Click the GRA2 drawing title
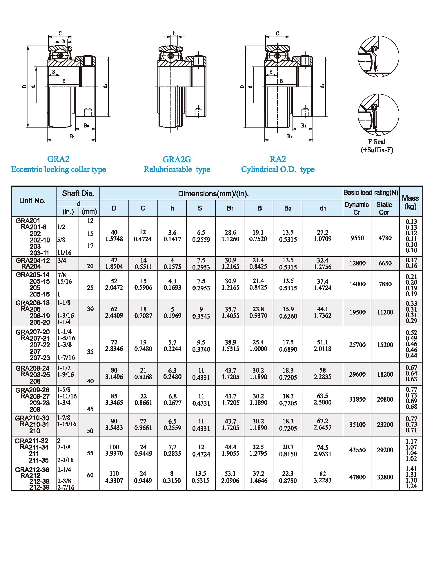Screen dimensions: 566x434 [58, 159]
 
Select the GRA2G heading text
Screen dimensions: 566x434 [177, 159]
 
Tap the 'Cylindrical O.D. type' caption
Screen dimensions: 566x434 [278, 169]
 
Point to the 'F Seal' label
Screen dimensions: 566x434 [377, 142]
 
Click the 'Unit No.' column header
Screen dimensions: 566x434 [32, 201]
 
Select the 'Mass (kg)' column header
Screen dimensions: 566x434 [410, 202]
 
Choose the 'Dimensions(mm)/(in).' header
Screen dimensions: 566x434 [213, 194]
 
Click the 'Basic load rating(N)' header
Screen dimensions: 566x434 [371, 193]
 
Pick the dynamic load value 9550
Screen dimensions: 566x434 [357, 238]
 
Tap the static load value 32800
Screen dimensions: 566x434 [385, 477]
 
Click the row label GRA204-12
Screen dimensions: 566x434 [33, 260]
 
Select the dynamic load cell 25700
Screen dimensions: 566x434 [357, 345]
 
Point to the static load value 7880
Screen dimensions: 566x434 [385, 284]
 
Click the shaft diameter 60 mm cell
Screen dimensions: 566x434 [90, 475]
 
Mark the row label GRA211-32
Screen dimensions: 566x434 [32, 441]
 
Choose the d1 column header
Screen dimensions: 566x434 [323, 208]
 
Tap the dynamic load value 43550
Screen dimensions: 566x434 [357, 450]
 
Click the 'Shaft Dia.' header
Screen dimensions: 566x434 [78, 193]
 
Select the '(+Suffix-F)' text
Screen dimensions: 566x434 [377, 150]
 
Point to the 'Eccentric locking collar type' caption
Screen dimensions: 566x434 [59, 169]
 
